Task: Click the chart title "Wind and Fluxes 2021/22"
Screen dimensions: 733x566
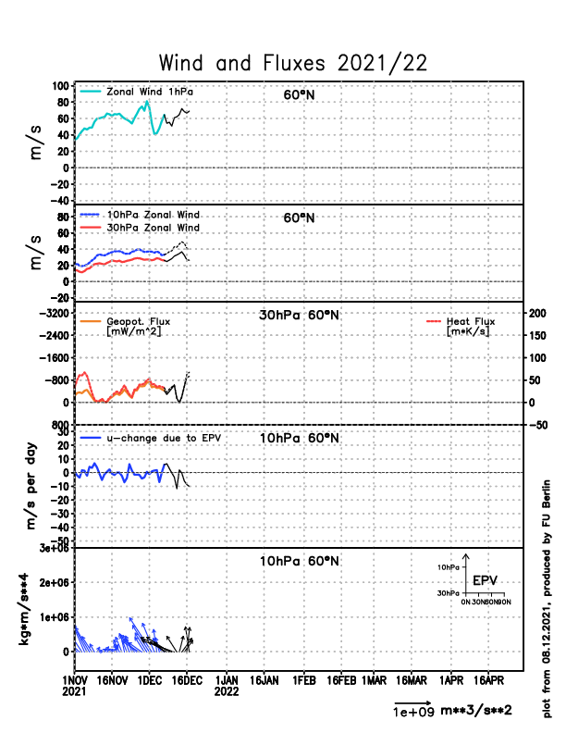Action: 293,63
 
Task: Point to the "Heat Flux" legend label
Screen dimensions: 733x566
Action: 471,322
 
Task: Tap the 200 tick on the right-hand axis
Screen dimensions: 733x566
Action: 536,314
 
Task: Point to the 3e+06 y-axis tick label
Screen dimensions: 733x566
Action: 50,549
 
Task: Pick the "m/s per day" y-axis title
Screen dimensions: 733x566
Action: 30,486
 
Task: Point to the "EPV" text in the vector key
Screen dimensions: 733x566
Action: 485,580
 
